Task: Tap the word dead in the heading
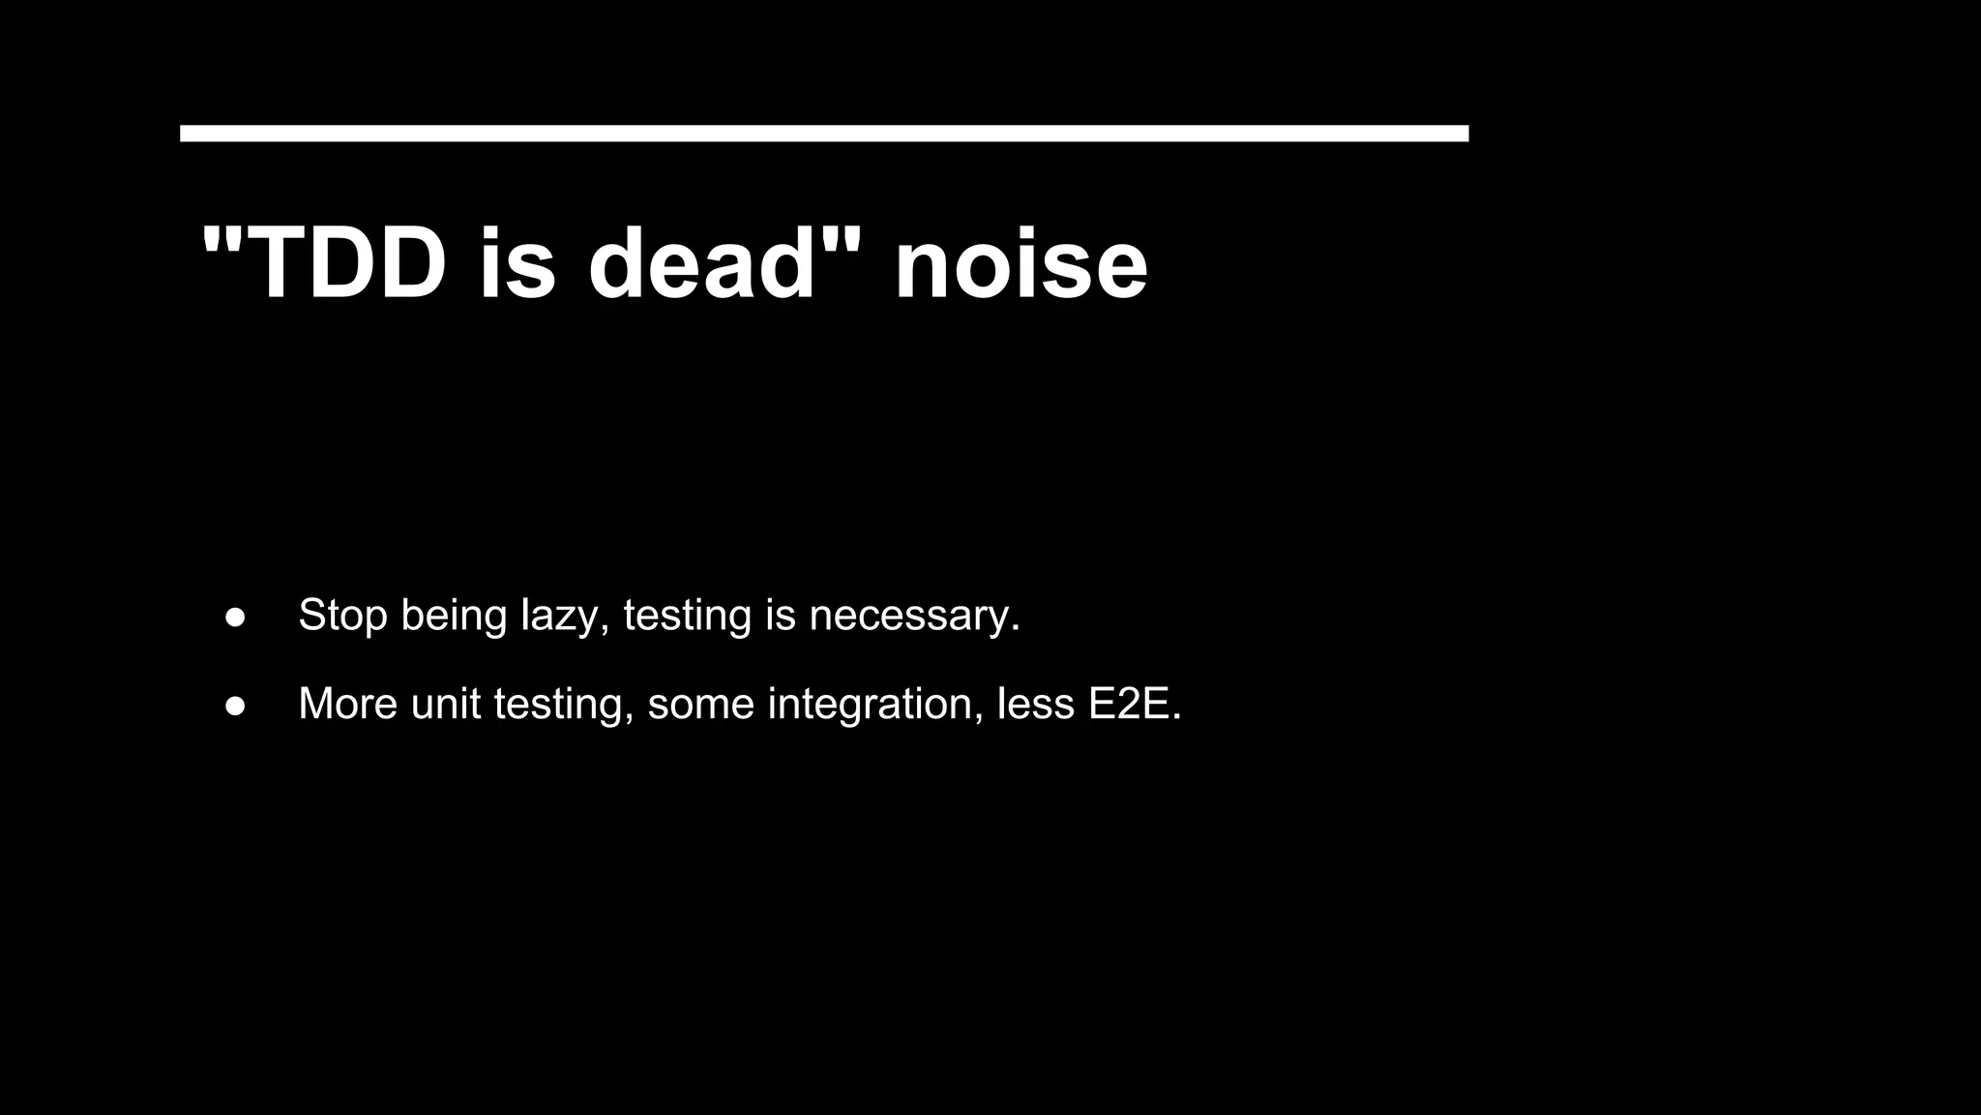point(702,263)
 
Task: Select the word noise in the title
point(1020,263)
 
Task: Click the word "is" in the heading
point(517,263)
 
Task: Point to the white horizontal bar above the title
point(824,134)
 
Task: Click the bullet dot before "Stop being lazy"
point(235,618)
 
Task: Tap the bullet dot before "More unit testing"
point(235,706)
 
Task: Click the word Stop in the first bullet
point(342,616)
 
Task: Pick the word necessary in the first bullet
point(913,616)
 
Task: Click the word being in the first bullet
point(454,616)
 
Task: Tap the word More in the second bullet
point(347,704)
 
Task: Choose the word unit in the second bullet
point(446,704)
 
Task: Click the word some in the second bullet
point(700,704)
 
